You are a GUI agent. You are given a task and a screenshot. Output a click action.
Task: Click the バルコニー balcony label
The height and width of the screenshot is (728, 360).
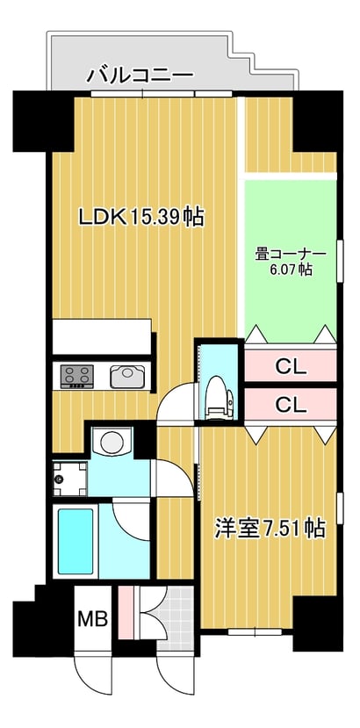pos(140,75)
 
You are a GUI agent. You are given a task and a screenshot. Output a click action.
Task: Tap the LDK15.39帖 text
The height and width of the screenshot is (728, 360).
pos(141,216)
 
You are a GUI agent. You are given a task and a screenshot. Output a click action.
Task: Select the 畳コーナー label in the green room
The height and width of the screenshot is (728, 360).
pos(291,255)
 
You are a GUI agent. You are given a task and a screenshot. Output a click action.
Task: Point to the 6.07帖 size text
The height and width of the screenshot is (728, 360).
pos(292,270)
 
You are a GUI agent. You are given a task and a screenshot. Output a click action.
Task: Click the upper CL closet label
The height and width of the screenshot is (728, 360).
pos(292,367)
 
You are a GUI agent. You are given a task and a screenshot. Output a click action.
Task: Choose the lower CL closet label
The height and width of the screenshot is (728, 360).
pos(292,406)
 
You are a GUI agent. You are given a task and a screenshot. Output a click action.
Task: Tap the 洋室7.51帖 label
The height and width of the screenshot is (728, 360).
pos(270,529)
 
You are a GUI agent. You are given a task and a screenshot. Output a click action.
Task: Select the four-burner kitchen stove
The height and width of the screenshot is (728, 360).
pos(76,376)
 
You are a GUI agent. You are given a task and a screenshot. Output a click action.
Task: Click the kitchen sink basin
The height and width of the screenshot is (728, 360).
pos(127,376)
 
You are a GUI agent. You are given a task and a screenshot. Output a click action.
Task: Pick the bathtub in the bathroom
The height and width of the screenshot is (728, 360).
pos(76,542)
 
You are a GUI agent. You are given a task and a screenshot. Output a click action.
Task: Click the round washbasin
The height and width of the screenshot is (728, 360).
pos(112,442)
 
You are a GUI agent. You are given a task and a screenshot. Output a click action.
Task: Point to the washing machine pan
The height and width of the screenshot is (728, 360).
pos(69,479)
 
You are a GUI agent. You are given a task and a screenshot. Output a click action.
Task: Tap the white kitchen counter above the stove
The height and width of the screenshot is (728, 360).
pos(102,336)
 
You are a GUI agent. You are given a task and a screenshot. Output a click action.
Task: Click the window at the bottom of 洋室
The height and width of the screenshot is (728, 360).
pos(255,632)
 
